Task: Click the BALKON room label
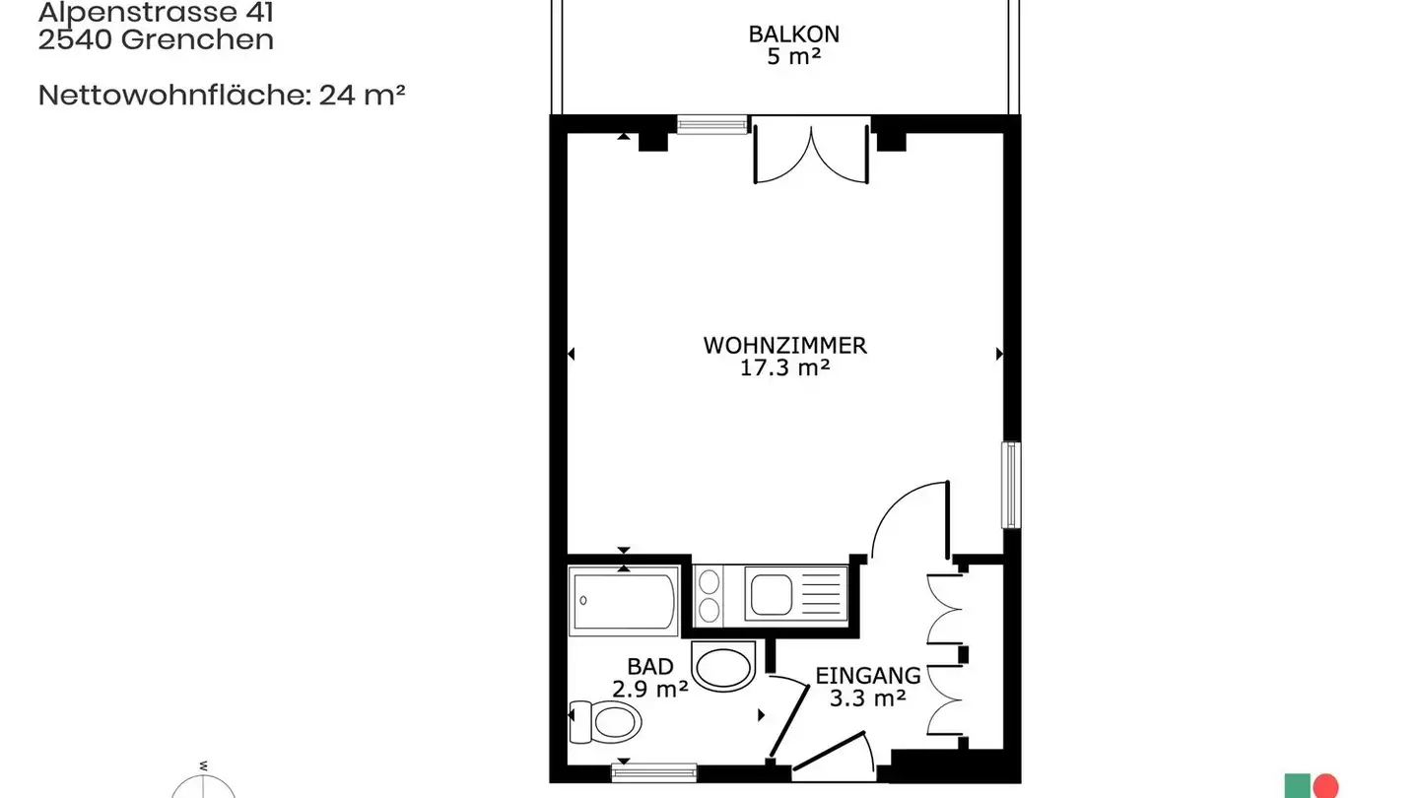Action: [793, 33]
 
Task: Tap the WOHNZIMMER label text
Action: [784, 346]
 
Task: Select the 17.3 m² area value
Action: [784, 369]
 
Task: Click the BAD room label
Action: [650, 667]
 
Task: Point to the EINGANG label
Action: [868, 676]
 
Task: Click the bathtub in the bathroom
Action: [624, 601]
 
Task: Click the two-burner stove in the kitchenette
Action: [709, 594]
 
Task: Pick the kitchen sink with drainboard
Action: [794, 594]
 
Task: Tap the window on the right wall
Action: [1011, 485]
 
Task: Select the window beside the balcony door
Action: [712, 125]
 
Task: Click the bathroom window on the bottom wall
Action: [653, 772]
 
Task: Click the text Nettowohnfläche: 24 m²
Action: [222, 96]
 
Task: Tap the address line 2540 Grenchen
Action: [156, 40]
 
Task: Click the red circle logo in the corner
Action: [1326, 786]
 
